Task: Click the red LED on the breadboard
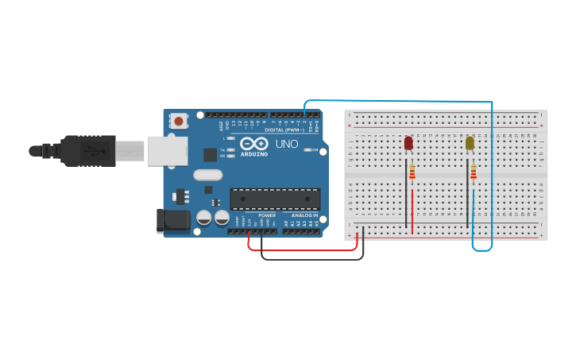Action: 408,143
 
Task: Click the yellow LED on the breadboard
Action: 470,143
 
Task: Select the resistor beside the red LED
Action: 412,173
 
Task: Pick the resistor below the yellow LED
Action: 474,172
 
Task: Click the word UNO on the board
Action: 287,144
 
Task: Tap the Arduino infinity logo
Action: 254,144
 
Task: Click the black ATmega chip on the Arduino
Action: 275,199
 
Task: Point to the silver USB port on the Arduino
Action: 167,150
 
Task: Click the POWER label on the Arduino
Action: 267,215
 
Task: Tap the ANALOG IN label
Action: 304,215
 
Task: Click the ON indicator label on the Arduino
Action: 315,149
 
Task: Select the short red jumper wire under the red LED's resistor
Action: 412,205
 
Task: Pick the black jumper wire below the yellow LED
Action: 467,195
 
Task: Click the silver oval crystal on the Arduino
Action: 207,175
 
